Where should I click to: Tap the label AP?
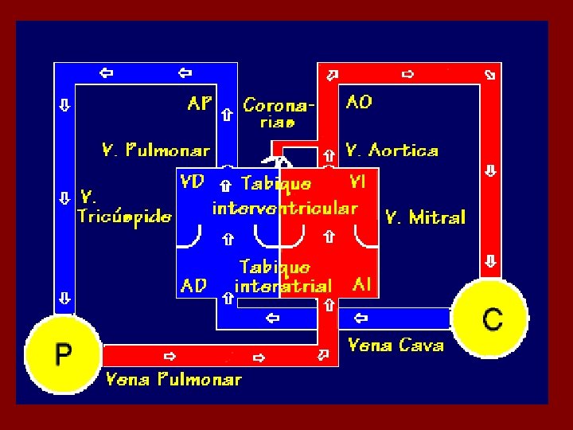pyautogui.click(x=200, y=104)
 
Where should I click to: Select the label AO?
pyautogui.click(x=359, y=102)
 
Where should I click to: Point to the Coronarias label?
pyautogui.click(x=278, y=112)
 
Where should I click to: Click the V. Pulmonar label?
pyautogui.click(x=156, y=150)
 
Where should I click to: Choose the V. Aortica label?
pyautogui.click(x=392, y=150)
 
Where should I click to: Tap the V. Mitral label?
pyautogui.click(x=425, y=217)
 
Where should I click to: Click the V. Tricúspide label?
pyautogui.click(x=124, y=206)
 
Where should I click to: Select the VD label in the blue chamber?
pyautogui.click(x=193, y=182)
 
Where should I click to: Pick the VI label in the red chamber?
pyautogui.click(x=357, y=182)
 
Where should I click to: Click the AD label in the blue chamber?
pyautogui.click(x=194, y=285)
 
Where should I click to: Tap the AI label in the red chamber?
pyautogui.click(x=362, y=284)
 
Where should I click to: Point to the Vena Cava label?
pyautogui.click(x=396, y=345)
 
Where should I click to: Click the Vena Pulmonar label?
pyautogui.click(x=173, y=379)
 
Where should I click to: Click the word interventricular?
pyautogui.click(x=284, y=209)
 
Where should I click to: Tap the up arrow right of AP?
pyautogui.click(x=227, y=115)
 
